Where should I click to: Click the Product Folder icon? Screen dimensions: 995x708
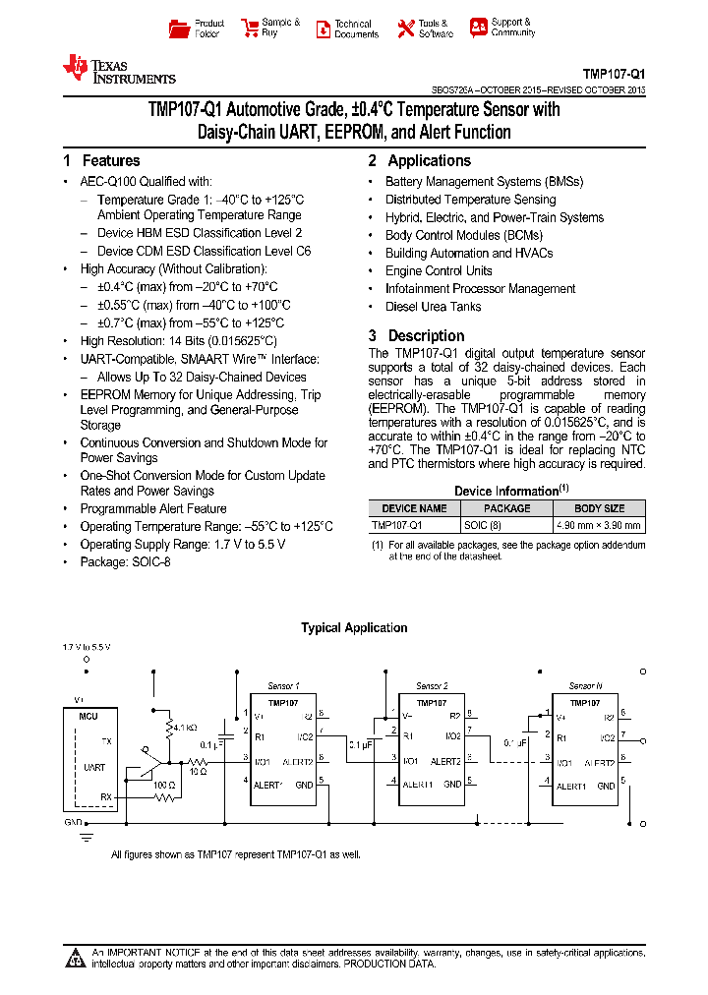[179, 29]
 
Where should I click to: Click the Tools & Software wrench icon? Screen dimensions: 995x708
[406, 29]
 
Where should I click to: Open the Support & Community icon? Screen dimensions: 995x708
[479, 28]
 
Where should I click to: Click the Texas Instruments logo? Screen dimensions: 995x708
[119, 69]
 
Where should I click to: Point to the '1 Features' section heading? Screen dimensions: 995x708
[101, 161]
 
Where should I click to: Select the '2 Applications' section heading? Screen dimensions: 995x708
[420, 161]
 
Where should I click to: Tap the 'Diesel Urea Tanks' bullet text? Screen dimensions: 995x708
[433, 307]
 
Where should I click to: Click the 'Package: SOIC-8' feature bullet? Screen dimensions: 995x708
[125, 562]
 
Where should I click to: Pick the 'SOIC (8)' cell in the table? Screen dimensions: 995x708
[483, 525]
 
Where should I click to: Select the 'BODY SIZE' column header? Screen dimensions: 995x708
[599, 508]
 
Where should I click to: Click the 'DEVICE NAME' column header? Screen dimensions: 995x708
[414, 508]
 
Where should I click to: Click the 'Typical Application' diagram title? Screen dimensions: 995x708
[354, 628]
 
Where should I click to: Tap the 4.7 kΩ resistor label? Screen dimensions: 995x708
[185, 729]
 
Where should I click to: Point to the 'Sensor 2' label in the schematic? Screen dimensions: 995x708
[432, 686]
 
